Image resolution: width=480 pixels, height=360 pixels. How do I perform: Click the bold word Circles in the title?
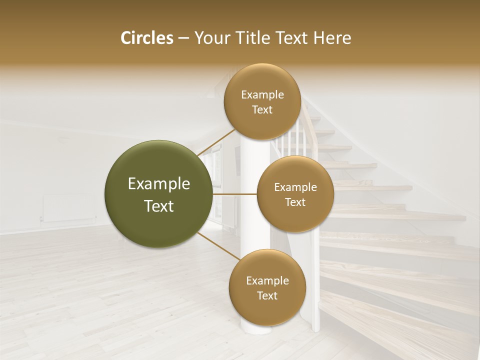click(147, 38)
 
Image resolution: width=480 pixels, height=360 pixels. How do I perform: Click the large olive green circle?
click(158, 194)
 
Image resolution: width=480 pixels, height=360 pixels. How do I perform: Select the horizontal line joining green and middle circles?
click(234, 194)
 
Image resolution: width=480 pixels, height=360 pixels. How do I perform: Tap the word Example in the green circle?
click(159, 184)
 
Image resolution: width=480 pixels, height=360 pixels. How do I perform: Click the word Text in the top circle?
click(262, 110)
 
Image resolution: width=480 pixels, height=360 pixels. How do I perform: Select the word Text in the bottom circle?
click(267, 296)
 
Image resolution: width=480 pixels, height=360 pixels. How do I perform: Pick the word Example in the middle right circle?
click(295, 187)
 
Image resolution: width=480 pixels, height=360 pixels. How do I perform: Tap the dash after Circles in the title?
click(183, 38)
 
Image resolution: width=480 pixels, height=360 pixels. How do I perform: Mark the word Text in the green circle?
click(159, 206)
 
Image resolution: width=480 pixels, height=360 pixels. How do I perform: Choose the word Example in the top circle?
click(262, 95)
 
